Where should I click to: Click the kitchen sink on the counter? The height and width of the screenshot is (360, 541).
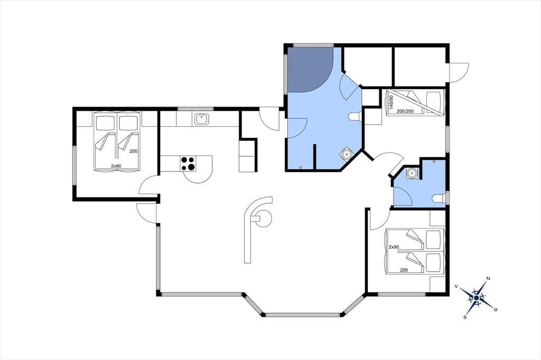(200, 119)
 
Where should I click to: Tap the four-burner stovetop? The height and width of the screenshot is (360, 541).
(188, 164)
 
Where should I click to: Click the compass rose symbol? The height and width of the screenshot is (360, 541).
(477, 297)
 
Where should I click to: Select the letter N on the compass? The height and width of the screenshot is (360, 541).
(488, 278)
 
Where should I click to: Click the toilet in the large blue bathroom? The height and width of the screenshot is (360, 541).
(355, 117)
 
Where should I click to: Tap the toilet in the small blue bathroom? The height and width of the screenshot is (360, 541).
(439, 198)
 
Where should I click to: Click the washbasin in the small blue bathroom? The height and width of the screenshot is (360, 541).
(411, 173)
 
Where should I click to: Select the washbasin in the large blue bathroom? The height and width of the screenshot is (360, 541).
(346, 154)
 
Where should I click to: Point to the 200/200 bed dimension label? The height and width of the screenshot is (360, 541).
(405, 111)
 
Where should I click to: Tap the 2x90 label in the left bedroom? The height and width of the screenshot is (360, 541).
(116, 166)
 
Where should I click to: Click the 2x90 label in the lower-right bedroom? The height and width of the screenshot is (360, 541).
(394, 247)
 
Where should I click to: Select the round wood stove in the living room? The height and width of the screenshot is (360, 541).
(263, 218)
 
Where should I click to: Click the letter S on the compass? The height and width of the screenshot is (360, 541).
(465, 317)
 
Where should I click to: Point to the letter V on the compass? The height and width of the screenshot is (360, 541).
(456, 286)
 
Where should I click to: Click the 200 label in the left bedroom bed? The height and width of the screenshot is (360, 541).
(134, 151)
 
